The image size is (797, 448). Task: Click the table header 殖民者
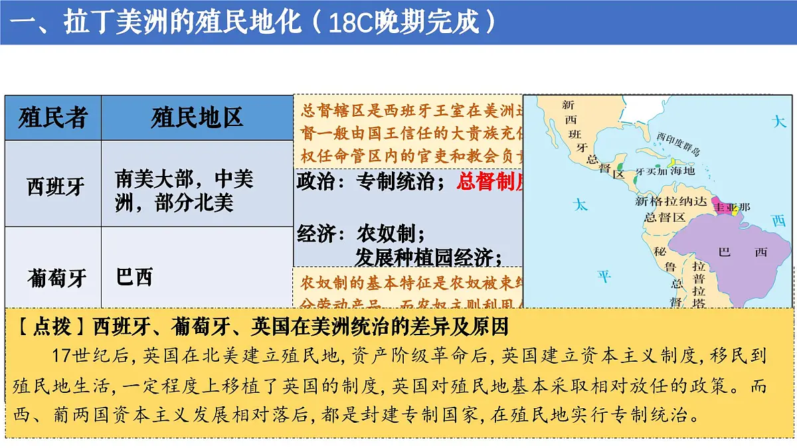[x=52, y=117]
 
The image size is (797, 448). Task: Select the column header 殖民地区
[x=197, y=117]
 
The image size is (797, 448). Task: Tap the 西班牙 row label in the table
[x=56, y=187]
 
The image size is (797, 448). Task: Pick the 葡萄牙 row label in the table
[x=56, y=277]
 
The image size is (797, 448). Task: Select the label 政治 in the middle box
[x=315, y=182]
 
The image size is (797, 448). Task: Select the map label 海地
[x=681, y=171]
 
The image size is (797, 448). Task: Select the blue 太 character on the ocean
[x=581, y=205]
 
